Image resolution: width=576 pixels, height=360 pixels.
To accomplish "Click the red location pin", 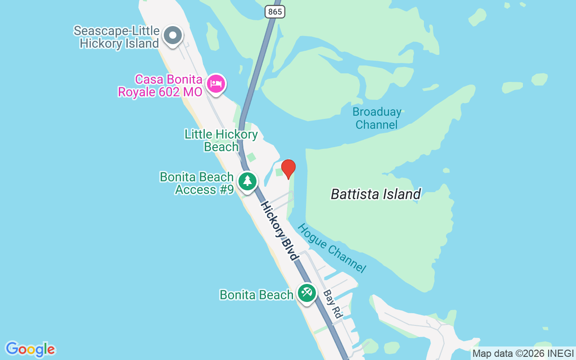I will point(288,169).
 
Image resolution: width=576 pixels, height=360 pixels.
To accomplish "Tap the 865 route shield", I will point(274,12).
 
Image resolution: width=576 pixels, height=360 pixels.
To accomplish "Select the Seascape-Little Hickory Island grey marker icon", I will point(172,36).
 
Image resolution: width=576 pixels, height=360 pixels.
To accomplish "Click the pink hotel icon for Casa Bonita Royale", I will point(216,84).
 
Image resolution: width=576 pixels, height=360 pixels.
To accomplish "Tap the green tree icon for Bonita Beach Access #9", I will point(247,181).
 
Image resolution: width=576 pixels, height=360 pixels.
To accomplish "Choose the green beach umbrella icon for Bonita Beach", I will point(307,292).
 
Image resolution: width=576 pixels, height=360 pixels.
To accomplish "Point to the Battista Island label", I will point(376,194).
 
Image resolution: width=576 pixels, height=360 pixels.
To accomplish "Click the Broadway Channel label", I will point(377,118).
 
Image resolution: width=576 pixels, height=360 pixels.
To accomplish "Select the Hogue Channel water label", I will point(332,248).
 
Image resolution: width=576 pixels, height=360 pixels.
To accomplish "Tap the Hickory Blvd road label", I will point(279,231).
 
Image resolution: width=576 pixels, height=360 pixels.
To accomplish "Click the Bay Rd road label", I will point(333,304).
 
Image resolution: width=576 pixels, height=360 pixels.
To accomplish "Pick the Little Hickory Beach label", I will point(221,140).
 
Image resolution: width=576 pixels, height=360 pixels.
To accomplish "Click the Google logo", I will point(30,349).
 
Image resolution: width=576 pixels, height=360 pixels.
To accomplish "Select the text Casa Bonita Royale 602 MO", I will point(160,85).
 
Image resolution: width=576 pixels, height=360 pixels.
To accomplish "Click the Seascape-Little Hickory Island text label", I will point(117,37).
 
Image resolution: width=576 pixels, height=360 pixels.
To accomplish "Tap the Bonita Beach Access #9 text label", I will point(197,183).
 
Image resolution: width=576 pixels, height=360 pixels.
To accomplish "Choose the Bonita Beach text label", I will point(256,295).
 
